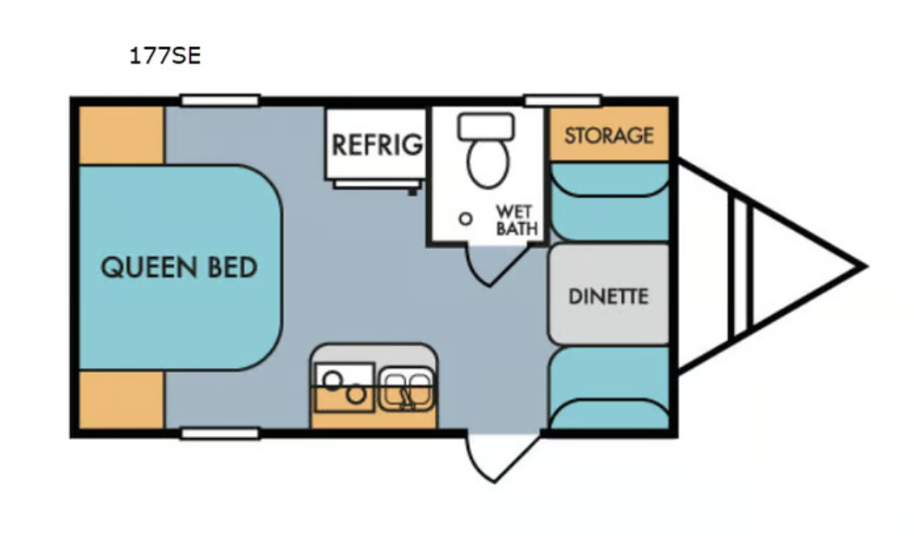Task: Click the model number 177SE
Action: [165, 56]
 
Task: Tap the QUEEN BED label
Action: [179, 268]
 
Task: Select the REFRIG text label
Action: [377, 144]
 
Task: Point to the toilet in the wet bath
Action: [486, 150]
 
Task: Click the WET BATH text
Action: [516, 220]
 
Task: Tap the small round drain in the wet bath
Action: [465, 219]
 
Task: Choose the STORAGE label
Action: [609, 136]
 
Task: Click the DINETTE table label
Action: [609, 296]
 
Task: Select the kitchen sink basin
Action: [407, 388]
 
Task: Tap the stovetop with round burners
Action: [344, 386]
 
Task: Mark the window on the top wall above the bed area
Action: [220, 101]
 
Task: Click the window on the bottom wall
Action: [220, 433]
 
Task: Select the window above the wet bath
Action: [562, 101]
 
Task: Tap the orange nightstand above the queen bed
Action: [122, 136]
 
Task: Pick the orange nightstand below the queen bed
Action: [122, 400]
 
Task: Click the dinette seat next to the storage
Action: [609, 201]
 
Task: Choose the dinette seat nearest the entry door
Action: [609, 387]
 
